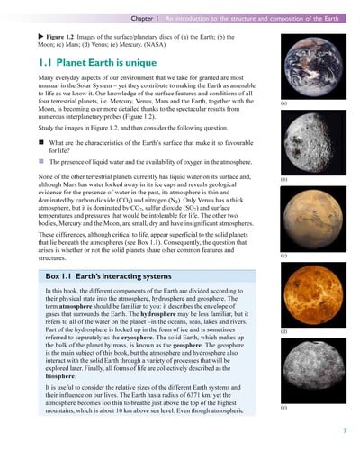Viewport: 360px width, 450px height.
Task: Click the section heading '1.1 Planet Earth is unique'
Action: (91, 64)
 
